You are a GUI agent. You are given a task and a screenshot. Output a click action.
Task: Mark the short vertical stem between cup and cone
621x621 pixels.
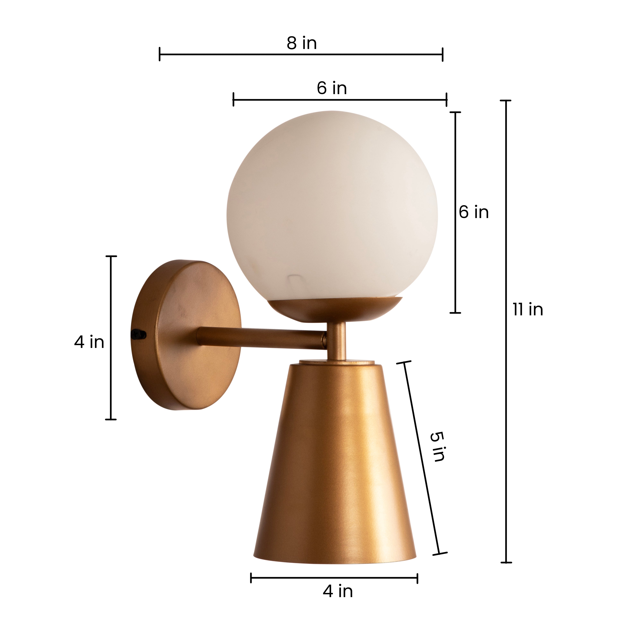click(337, 341)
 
